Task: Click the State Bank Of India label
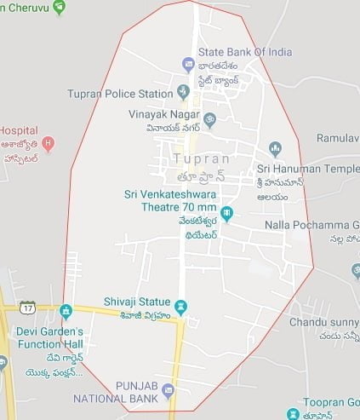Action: click(244, 52)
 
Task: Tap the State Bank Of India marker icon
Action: click(188, 64)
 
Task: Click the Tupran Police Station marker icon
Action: click(183, 91)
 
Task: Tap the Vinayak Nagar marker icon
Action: click(209, 118)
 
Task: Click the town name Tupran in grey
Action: click(201, 158)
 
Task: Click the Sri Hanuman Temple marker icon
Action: click(275, 149)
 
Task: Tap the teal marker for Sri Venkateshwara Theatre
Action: click(226, 212)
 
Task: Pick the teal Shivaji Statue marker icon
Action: click(180, 306)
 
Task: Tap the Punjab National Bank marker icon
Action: click(168, 391)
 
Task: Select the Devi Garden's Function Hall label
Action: click(49, 337)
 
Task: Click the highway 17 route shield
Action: click(28, 306)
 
